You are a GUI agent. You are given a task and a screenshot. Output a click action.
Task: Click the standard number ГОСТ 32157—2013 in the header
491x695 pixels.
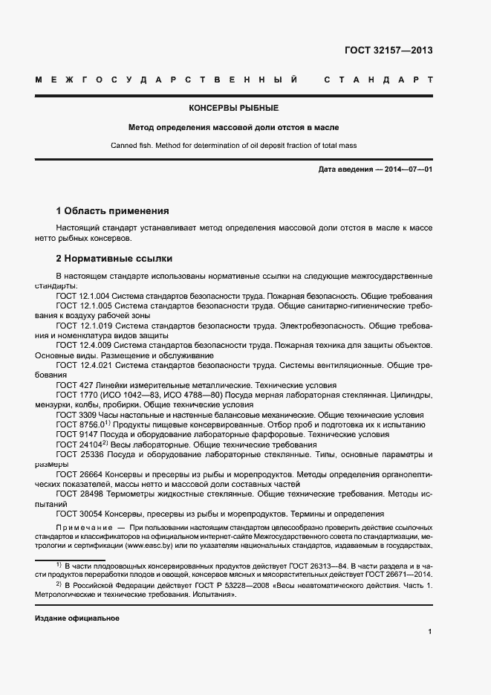point(388,51)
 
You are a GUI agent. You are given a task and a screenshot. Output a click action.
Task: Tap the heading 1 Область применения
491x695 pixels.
point(113,211)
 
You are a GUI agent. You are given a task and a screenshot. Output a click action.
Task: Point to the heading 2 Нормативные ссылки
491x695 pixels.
point(114,259)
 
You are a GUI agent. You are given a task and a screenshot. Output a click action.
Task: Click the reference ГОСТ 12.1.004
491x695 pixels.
point(84,296)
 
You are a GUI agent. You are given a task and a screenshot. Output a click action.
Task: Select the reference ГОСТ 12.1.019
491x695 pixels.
point(84,326)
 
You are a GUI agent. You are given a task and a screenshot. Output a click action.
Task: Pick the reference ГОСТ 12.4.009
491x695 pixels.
point(84,346)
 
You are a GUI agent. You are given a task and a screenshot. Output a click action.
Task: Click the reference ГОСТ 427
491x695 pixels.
point(72,385)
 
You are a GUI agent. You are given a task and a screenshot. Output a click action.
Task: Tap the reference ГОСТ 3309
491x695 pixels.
point(75,415)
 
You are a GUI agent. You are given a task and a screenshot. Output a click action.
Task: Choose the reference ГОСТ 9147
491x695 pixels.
point(75,434)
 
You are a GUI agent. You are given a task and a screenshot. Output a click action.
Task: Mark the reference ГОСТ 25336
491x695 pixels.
point(78,453)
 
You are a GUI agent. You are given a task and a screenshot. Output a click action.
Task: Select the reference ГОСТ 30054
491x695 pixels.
point(78,513)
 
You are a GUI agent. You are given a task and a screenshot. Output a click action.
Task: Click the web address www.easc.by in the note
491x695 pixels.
point(152,545)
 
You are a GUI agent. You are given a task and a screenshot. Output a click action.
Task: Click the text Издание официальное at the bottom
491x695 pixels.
point(77,618)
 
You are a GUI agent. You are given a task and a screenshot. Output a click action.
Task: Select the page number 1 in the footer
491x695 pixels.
point(430,632)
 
